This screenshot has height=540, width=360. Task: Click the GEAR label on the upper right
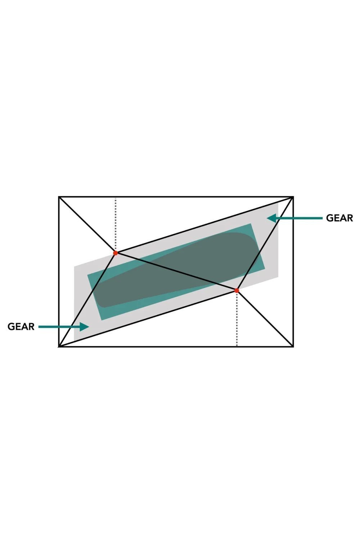(339, 218)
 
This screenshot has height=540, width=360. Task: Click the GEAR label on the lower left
(21, 327)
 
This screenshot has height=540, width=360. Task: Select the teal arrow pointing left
(294, 218)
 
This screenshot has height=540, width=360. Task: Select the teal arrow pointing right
(64, 327)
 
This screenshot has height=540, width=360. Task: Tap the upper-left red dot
(116, 253)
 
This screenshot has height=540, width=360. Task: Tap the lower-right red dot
(237, 291)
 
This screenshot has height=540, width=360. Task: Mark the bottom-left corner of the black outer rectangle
(59, 347)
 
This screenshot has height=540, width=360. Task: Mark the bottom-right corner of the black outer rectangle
(293, 347)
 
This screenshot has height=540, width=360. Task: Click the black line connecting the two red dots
(176, 272)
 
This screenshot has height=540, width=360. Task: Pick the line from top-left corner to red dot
(87, 225)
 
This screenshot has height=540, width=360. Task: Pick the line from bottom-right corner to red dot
(265, 319)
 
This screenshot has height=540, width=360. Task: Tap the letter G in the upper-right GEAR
(329, 218)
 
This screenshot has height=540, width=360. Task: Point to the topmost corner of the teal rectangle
(251, 224)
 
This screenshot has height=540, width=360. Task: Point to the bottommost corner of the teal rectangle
(102, 320)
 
